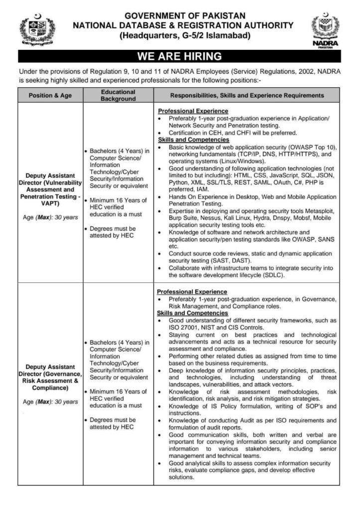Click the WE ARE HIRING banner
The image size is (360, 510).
pyautogui.click(x=180, y=56)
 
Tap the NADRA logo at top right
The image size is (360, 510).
pyautogui.click(x=325, y=29)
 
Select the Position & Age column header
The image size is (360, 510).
pyautogui.click(x=50, y=96)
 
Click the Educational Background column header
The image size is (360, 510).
pyautogui.click(x=118, y=96)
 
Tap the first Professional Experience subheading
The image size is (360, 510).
pyautogui.click(x=193, y=111)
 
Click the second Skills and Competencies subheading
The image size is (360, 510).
pyautogui.click(x=193, y=313)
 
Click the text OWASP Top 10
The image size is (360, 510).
pyautogui.click(x=316, y=147)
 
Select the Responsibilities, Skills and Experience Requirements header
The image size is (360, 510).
pyautogui.click(x=247, y=96)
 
